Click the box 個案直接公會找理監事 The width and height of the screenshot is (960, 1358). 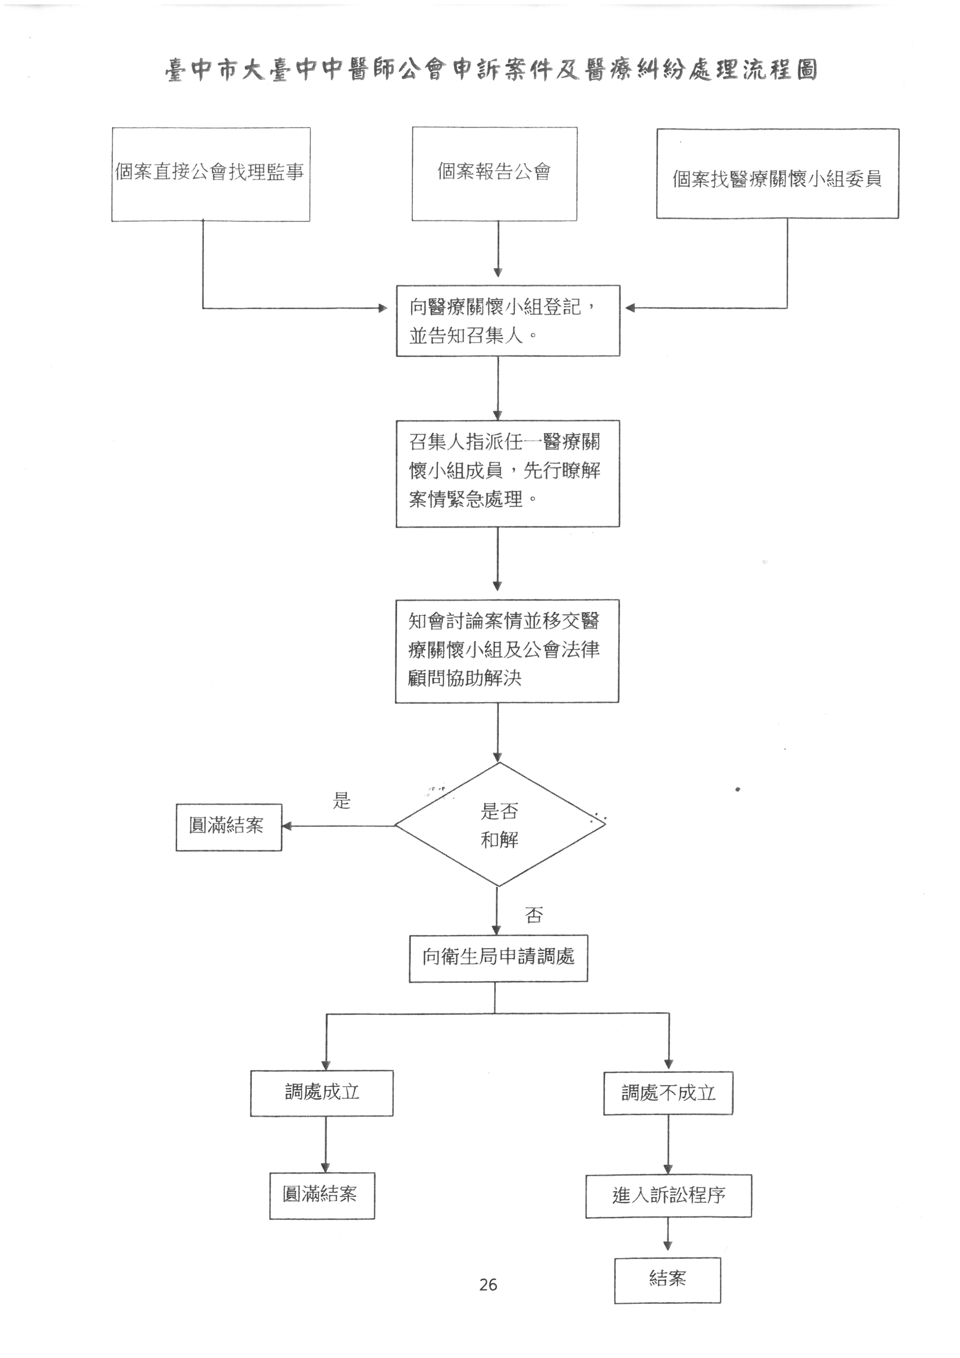tap(211, 174)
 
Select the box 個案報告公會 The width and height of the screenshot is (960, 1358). tap(495, 174)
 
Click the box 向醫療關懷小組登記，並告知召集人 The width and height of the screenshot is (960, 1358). tap(507, 321)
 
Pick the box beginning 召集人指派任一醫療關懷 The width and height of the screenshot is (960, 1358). tap(507, 473)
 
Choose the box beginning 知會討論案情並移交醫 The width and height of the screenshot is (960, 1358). tap(507, 651)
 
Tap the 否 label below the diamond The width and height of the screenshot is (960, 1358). tap(534, 915)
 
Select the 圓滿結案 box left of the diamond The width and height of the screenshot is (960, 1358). tap(228, 827)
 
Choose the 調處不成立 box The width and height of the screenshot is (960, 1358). tap(668, 1093)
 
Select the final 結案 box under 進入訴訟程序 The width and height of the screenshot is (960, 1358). tap(667, 1280)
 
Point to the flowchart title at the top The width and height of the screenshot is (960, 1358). tap(491, 70)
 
